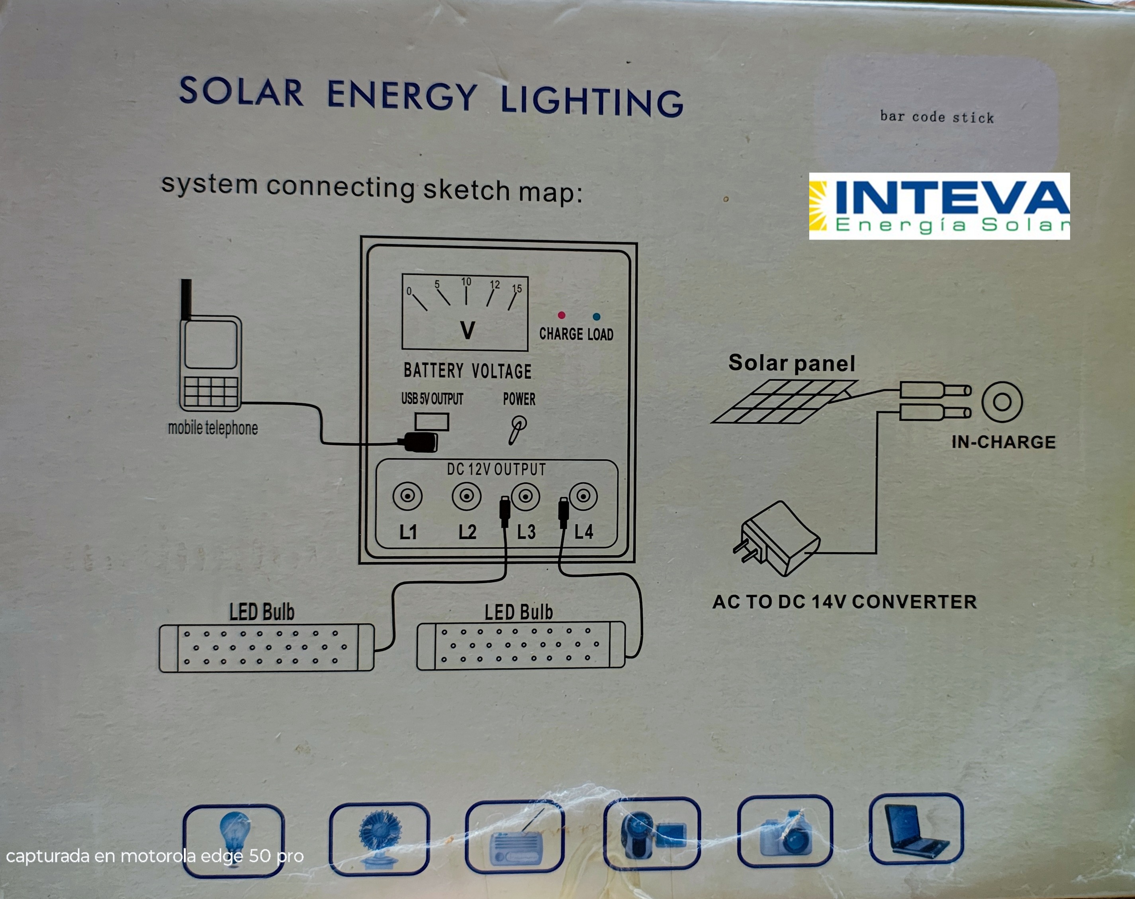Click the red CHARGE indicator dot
coord(562,315)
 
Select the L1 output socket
coord(407,496)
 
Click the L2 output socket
coord(466,496)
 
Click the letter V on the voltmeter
coord(467,331)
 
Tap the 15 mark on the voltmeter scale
coord(517,289)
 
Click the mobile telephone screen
coord(211,345)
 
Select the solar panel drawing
coord(784,401)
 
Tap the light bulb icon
coord(234,837)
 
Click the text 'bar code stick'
coord(937,117)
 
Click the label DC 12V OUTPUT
coord(496,469)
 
